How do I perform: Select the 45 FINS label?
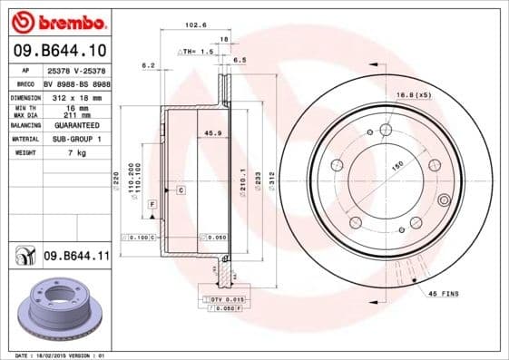coord(444,295)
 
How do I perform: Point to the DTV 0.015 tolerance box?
coord(229,298)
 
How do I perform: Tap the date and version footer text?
coord(56,355)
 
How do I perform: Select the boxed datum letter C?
coord(181,190)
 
